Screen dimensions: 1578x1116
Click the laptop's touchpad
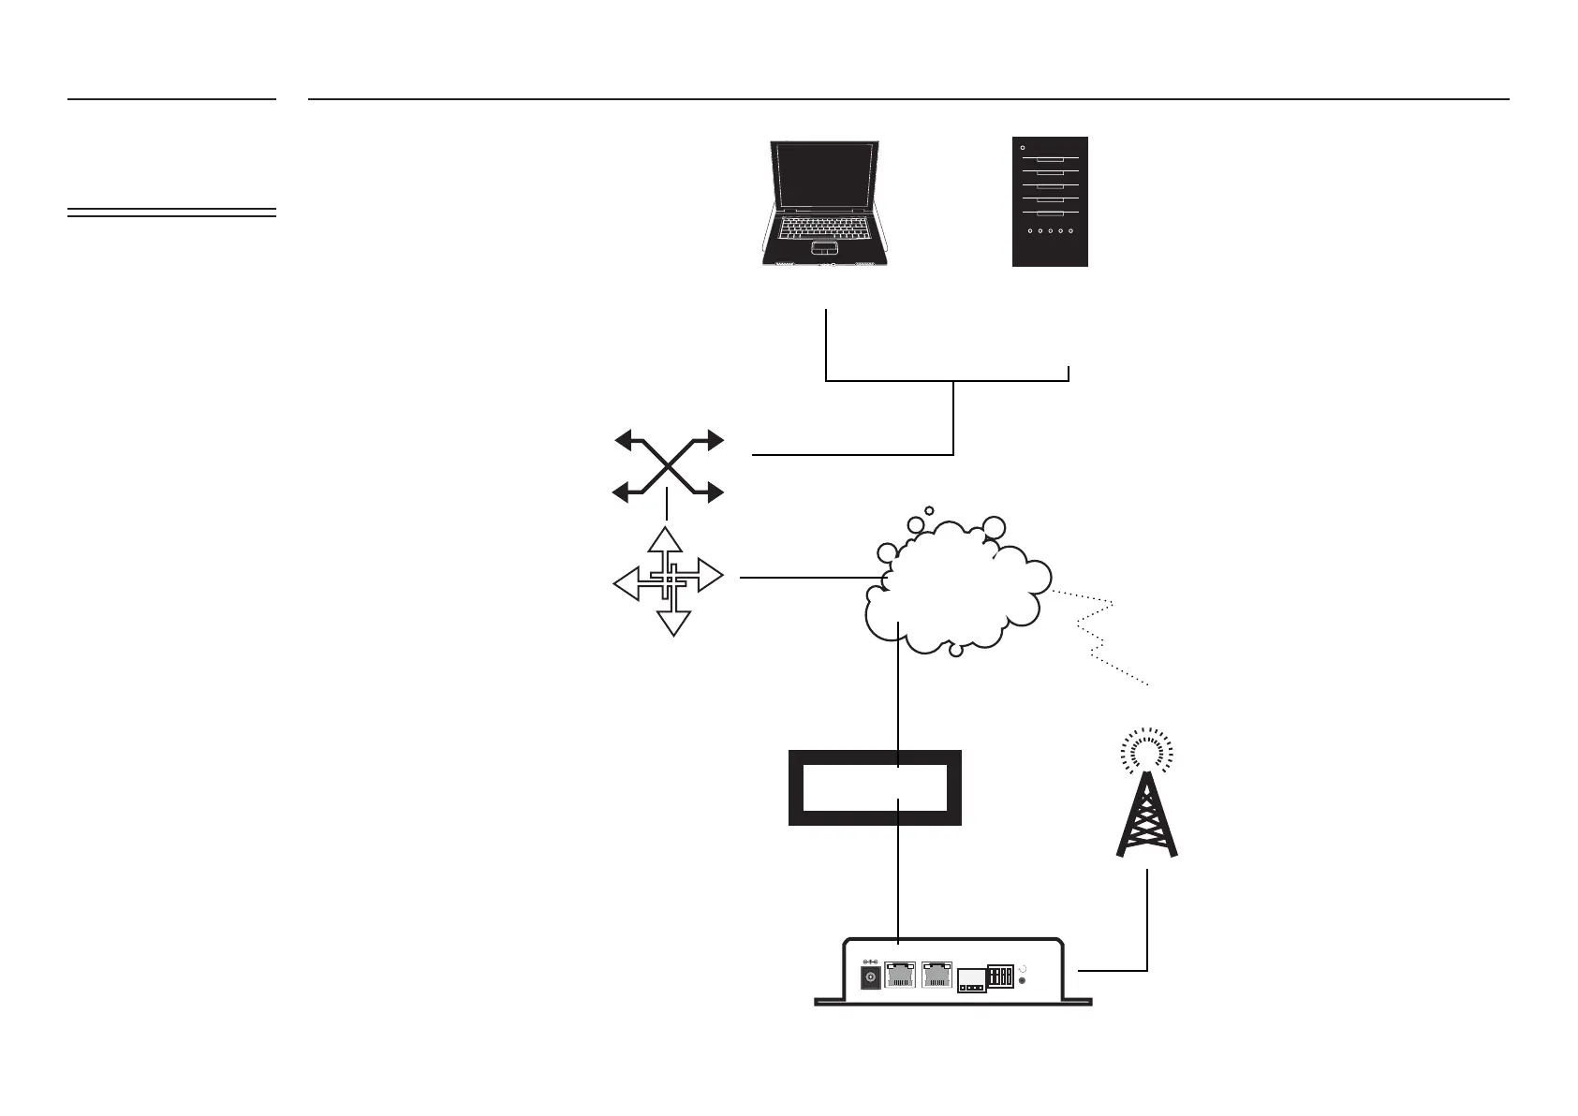[x=823, y=248]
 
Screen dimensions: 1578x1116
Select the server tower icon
[x=1050, y=201]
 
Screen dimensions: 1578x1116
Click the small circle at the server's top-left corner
[x=1022, y=147]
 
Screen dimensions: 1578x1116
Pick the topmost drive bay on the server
[x=1050, y=159]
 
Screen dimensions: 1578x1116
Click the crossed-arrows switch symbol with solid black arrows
[x=669, y=465]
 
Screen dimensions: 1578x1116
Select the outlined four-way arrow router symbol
[x=668, y=580]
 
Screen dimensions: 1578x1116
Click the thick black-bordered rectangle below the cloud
[x=876, y=787]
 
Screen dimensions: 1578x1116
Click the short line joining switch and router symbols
[x=666, y=507]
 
